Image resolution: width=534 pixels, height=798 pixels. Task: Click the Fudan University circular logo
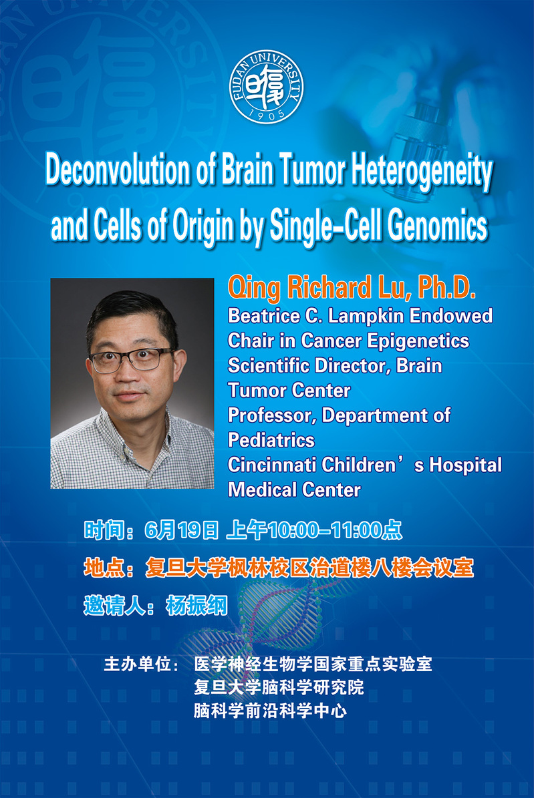pyautogui.click(x=267, y=87)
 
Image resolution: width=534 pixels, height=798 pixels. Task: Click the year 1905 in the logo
pyautogui.click(x=267, y=115)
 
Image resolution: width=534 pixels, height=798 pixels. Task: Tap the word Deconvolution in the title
pyautogui.click(x=117, y=170)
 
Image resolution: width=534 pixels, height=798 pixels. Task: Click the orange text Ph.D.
pyautogui.click(x=446, y=288)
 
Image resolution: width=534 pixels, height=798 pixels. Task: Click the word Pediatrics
pyautogui.click(x=271, y=440)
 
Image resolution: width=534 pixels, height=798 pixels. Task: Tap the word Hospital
pyautogui.click(x=465, y=466)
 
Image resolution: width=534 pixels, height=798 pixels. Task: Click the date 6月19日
pyautogui.click(x=181, y=530)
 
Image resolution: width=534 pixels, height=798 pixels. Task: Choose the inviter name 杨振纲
pyautogui.click(x=196, y=606)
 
